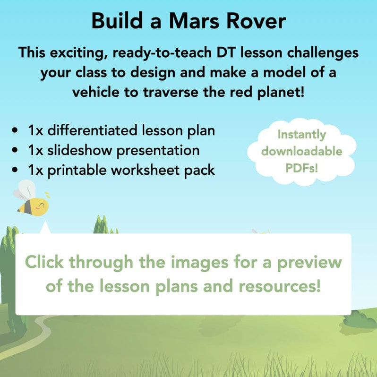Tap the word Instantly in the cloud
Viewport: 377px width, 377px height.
[301, 135]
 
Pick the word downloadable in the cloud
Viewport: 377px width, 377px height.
[301, 151]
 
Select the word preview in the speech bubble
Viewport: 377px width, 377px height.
[309, 262]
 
